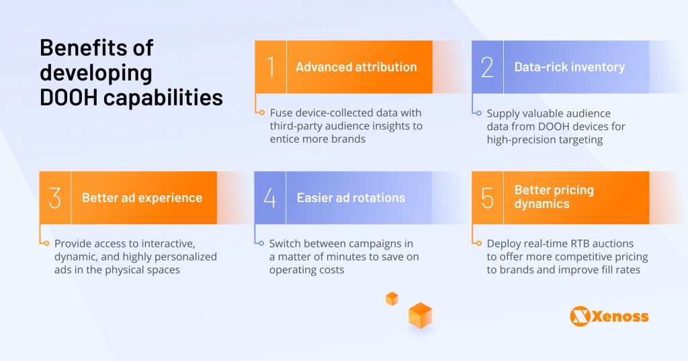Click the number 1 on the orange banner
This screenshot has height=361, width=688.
(271, 67)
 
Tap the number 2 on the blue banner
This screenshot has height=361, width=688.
(487, 67)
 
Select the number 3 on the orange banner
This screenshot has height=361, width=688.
(55, 198)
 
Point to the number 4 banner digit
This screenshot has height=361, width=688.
(270, 198)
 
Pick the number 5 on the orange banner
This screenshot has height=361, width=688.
(487, 198)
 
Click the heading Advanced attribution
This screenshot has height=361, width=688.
(356, 67)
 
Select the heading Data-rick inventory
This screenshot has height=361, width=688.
(569, 67)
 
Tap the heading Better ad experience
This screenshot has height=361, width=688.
(142, 198)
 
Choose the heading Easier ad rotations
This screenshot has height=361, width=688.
(351, 198)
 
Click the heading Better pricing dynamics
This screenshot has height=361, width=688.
(554, 197)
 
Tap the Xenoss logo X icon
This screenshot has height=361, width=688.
(580, 316)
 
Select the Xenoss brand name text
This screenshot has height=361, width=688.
(620, 316)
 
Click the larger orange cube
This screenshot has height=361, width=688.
(420, 315)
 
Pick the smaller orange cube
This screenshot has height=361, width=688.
(392, 299)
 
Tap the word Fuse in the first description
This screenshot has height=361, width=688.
(282, 113)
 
